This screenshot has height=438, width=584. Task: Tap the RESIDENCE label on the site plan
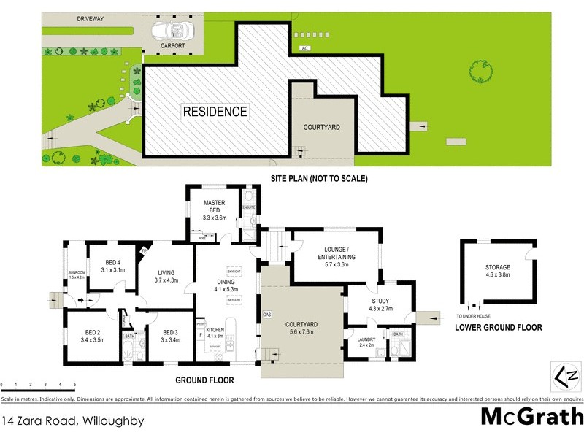pos(215,112)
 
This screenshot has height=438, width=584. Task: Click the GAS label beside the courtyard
pos(266,315)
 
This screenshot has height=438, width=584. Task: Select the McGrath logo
pos(532,417)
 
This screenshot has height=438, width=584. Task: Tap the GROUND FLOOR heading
pos(204,380)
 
